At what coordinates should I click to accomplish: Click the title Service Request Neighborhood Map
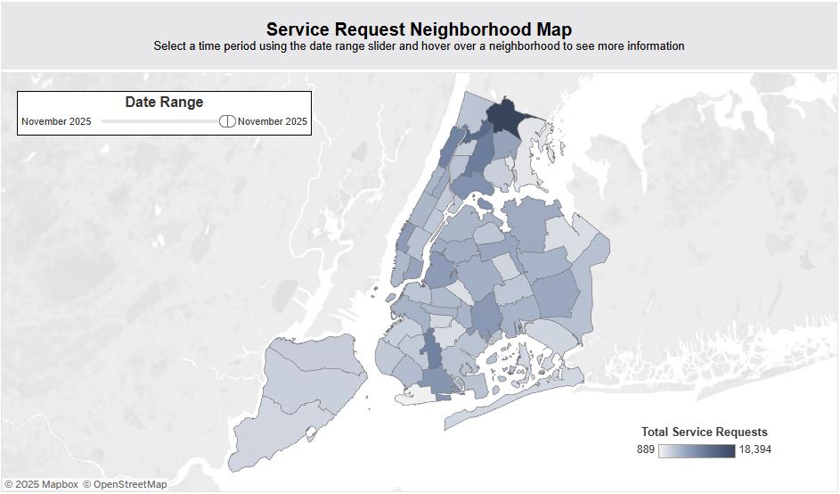point(419,29)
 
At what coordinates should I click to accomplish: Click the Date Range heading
point(164,103)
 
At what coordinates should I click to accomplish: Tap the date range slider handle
point(227,121)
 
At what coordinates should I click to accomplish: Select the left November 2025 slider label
point(56,121)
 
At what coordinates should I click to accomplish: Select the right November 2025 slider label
point(273,121)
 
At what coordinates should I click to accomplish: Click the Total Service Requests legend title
point(704,432)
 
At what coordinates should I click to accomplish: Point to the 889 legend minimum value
point(646,449)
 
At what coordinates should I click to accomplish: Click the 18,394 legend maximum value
point(754,449)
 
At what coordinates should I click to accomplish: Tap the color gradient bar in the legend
point(697,449)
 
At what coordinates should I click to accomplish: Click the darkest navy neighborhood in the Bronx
point(505,116)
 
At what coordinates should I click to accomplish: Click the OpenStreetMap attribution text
point(125,484)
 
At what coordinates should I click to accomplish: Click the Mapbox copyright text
point(41,484)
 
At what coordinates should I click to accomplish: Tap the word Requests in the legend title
point(740,432)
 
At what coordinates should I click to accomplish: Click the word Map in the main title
point(555,29)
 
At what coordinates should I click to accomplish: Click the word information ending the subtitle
point(652,45)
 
